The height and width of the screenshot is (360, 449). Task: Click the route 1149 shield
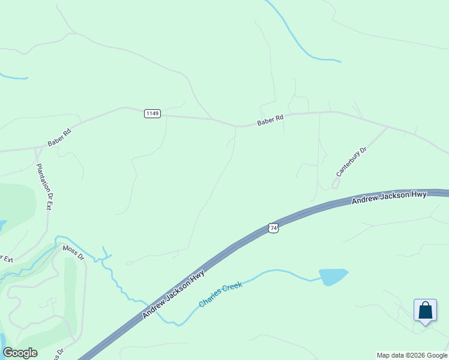pos(152,113)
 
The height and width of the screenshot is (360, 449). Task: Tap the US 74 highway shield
pos(274,228)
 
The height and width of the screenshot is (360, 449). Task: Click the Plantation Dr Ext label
pos(45,186)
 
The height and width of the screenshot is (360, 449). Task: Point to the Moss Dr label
pos(74,253)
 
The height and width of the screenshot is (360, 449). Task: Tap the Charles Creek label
pos(220,295)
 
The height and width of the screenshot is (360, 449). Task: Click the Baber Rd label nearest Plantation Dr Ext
pos(59,137)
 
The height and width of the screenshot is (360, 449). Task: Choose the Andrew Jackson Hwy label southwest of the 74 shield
pos(173,295)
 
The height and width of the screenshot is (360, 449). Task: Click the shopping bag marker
pos(425,311)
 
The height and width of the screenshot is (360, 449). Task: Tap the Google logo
pos(20,353)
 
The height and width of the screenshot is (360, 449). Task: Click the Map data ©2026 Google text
pos(412,355)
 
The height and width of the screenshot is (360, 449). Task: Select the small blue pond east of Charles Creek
pos(333,277)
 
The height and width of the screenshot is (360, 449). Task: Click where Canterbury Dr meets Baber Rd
pos(387,127)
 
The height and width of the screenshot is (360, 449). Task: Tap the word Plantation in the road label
pos(43,177)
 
